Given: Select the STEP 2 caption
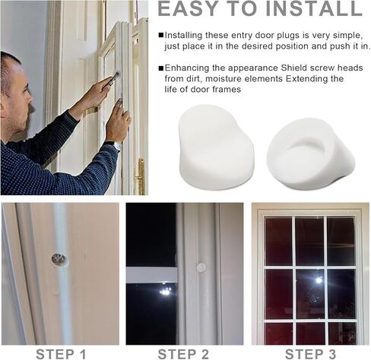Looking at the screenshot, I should pyautogui.click(x=184, y=353).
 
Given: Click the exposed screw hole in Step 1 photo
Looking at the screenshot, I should pyautogui.click(x=59, y=260).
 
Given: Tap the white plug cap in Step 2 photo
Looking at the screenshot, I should pyautogui.click(x=201, y=267).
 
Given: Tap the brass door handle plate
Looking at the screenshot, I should pyautogui.click(x=139, y=176).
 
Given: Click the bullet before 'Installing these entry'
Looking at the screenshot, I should pyautogui.click(x=160, y=36).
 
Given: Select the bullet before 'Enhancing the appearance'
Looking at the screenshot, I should pyautogui.click(x=160, y=68).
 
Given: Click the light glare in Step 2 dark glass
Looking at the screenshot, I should pyautogui.click(x=164, y=291).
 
